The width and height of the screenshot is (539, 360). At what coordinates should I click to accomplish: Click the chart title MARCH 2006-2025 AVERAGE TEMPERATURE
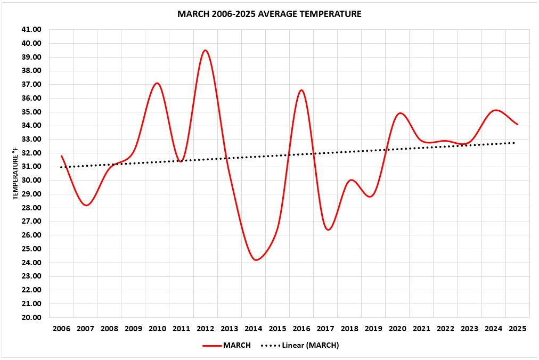pos(269,14)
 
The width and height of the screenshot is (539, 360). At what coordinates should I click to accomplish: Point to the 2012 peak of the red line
pos(205,50)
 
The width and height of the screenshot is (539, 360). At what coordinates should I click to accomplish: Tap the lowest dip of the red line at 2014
pos(256,260)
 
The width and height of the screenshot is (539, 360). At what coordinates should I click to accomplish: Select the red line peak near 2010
pos(157,83)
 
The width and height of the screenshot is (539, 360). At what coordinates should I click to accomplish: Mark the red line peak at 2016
pos(301,90)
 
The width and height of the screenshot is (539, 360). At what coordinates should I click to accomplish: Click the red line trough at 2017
pos(328,230)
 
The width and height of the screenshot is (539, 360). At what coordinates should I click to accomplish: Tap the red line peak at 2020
pos(400,113)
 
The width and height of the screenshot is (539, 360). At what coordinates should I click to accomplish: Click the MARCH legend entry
pos(227,345)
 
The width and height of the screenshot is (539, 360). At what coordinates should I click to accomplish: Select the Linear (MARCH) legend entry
pos(299,345)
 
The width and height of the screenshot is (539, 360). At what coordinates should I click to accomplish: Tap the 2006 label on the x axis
pos(61,329)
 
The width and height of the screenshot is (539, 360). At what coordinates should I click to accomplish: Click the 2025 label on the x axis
pos(517,329)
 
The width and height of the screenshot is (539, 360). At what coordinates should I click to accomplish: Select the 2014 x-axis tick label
pos(253,329)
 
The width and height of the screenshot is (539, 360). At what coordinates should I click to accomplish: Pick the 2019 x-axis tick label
pos(373,329)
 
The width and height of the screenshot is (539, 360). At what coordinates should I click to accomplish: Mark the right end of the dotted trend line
pos(514,143)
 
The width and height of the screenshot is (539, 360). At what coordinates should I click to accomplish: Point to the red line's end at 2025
pos(517,125)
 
